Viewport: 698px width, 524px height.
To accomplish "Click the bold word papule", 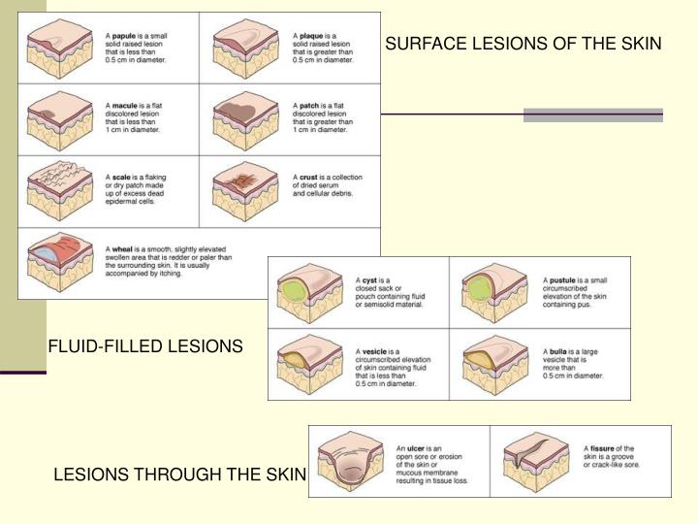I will click(x=122, y=34).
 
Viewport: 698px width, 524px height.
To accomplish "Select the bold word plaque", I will click(x=310, y=34).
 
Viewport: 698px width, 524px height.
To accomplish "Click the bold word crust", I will click(x=309, y=178).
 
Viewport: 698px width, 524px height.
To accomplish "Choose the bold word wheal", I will click(x=121, y=249).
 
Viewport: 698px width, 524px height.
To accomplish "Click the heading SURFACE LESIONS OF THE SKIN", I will click(x=523, y=45).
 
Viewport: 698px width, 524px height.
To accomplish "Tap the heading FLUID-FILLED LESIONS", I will click(x=146, y=345).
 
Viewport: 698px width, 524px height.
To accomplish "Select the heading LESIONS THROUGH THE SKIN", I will click(x=179, y=475).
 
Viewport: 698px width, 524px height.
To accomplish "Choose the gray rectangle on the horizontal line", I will click(x=593, y=115).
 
